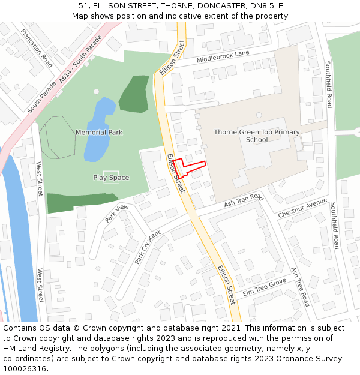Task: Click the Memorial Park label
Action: (98, 132)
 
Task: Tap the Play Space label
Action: (111, 178)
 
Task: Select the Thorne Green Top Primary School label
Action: (257, 136)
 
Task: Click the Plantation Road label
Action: (37, 48)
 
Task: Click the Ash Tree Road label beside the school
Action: (244, 200)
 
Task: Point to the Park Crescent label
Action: (148, 247)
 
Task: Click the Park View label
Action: (116, 214)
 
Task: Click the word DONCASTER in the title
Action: (216, 6)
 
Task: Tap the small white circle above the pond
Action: (96, 92)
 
